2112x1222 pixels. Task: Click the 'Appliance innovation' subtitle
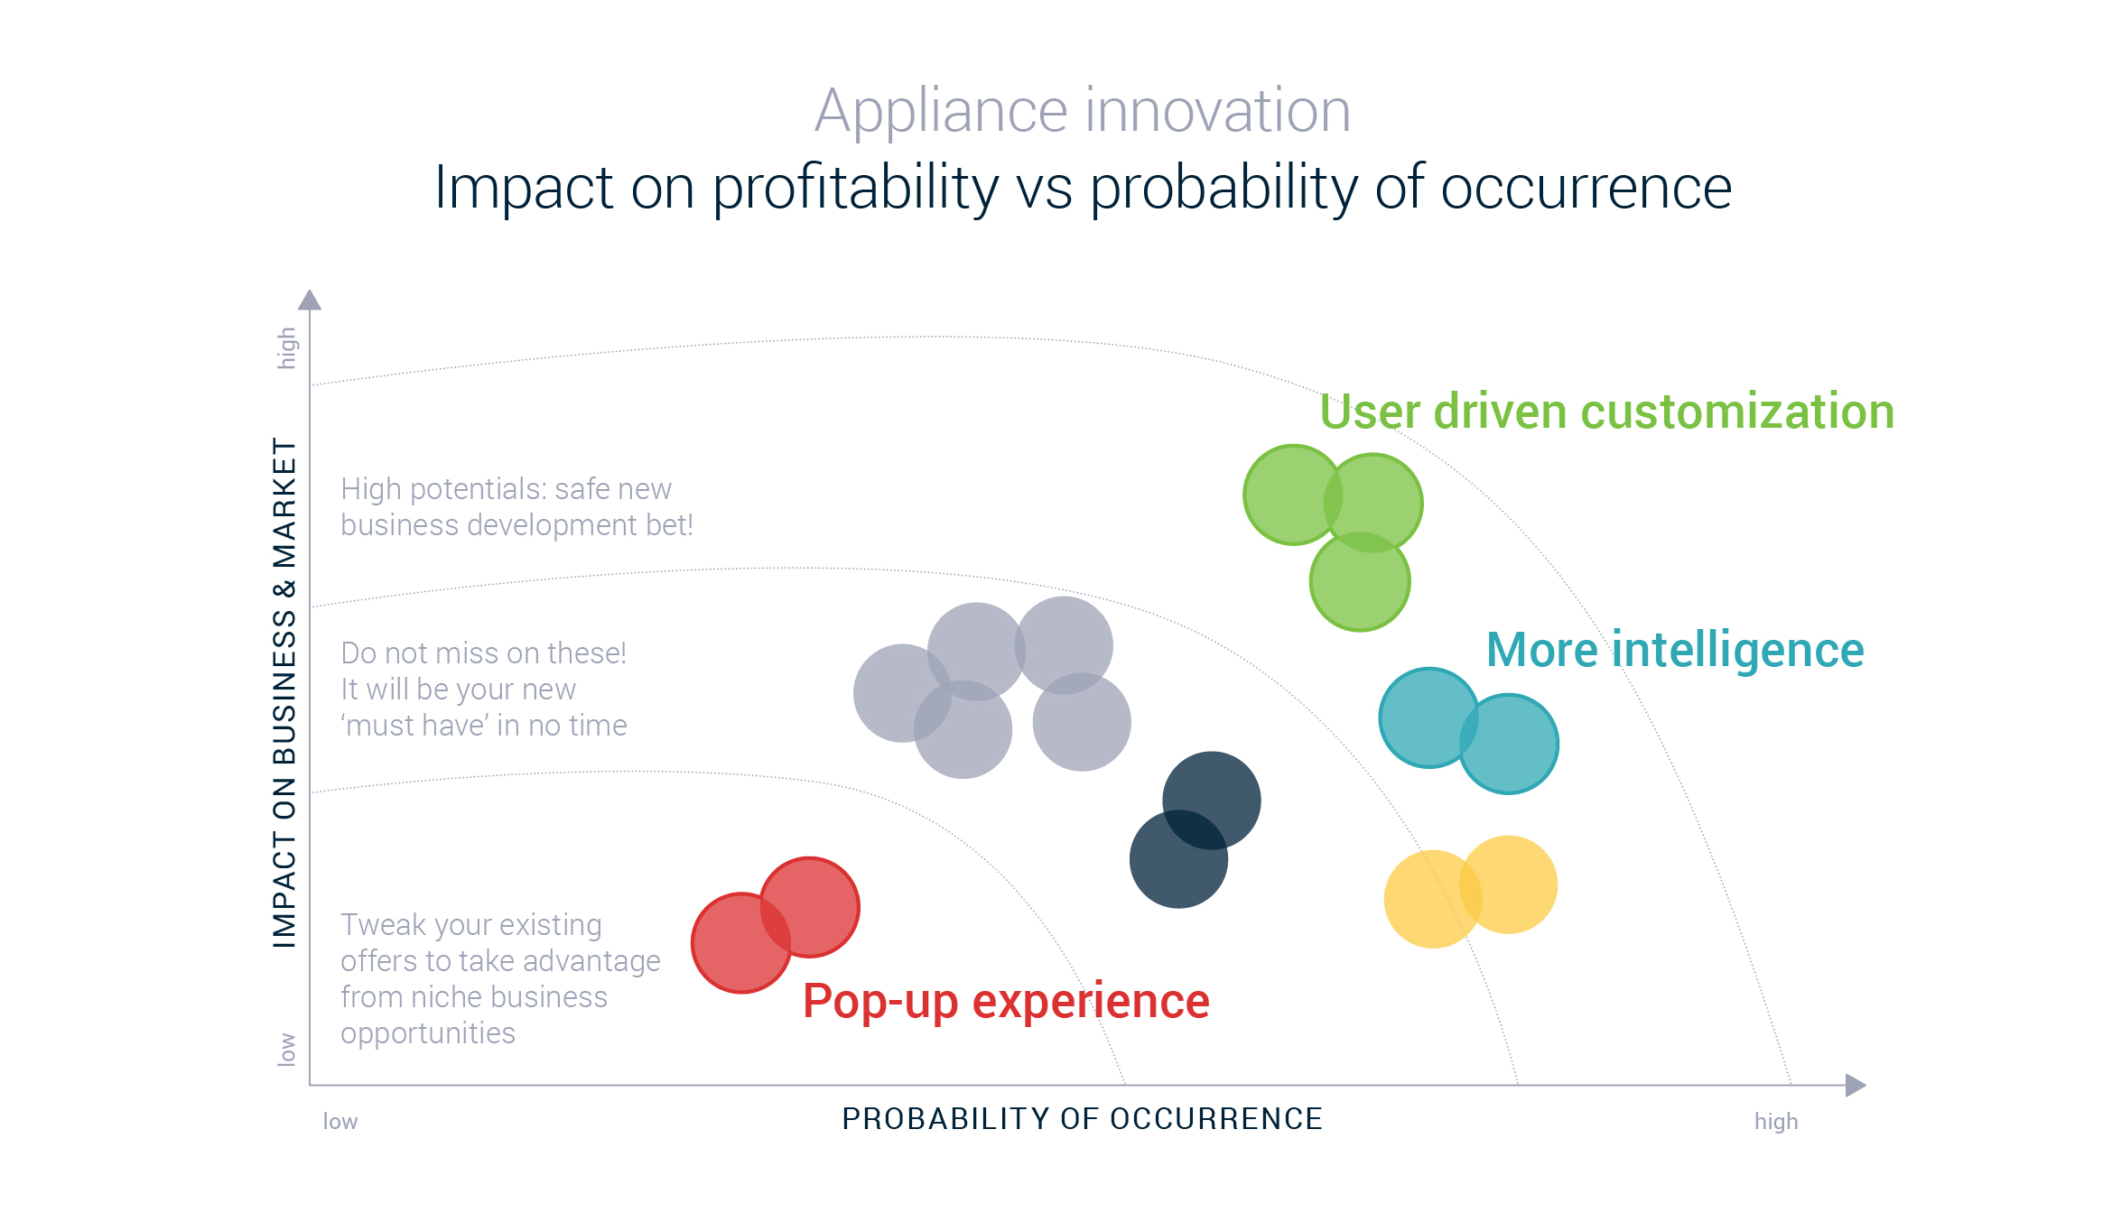[x=1083, y=112]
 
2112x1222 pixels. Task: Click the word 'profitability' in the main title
[x=855, y=189]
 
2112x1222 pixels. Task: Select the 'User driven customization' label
[x=1606, y=412]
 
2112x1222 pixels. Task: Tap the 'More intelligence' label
[x=1675, y=651]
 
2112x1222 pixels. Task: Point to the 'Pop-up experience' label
[x=1006, y=1002]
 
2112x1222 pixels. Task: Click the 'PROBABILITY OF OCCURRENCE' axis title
[x=1082, y=1119]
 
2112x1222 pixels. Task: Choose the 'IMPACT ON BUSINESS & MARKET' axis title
[x=284, y=693]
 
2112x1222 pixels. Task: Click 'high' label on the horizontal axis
[x=1776, y=1121]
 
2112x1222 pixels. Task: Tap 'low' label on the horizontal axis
[x=340, y=1121]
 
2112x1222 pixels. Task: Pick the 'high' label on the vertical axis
[x=286, y=348]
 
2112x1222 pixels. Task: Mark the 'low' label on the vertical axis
[x=286, y=1050]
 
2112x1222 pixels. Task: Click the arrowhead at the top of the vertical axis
[x=310, y=300]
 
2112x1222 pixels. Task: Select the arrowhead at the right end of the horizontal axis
[x=1856, y=1085]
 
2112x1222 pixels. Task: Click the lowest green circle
[x=1360, y=581]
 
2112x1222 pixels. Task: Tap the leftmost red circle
[x=741, y=943]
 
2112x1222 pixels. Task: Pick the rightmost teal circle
[x=1509, y=744]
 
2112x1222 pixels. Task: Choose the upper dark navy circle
[x=1212, y=801]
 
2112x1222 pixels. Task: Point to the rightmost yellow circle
[x=1509, y=884]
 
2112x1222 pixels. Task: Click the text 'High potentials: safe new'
[x=507, y=489]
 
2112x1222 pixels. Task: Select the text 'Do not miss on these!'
[x=484, y=653]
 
